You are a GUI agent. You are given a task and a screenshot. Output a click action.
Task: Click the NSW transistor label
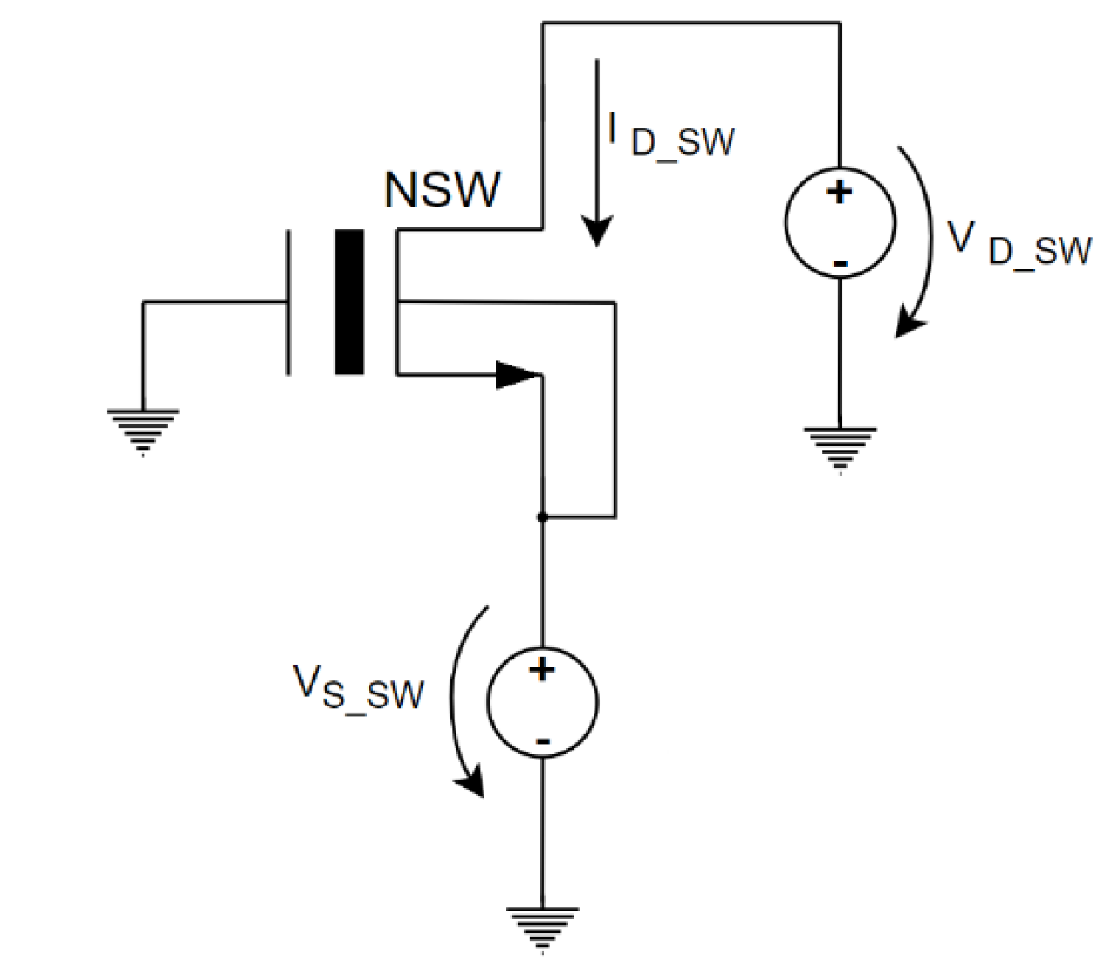pos(442,190)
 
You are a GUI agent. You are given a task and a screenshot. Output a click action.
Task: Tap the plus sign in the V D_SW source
pos(839,192)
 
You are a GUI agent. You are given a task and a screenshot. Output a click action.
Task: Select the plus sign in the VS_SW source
pos(542,669)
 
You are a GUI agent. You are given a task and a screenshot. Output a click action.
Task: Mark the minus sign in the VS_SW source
pos(543,742)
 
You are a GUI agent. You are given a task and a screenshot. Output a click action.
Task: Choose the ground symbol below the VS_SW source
pos(542,928)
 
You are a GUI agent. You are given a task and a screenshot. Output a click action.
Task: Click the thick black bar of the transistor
pos(349,302)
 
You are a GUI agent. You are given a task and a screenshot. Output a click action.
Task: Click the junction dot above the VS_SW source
pos(542,517)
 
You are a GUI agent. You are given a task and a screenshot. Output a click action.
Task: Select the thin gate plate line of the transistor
pos(288,302)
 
